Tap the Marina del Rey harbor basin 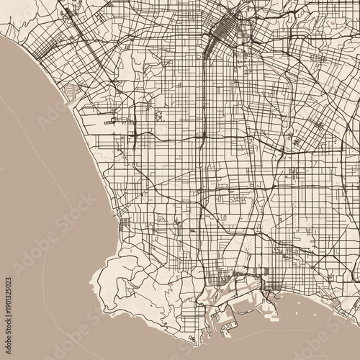[73, 91]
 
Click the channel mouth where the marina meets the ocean [66, 101]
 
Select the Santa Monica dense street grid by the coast [32, 43]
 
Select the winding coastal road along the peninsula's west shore [104, 288]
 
